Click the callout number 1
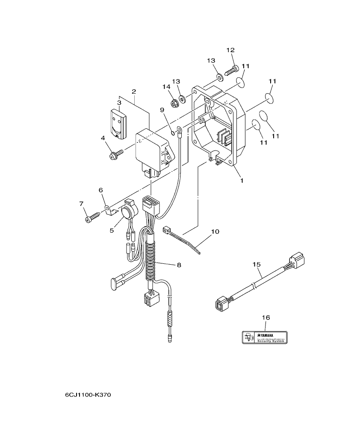tap(242, 180)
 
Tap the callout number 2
tap(134, 92)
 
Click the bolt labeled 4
tap(116, 153)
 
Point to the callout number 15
tap(256, 265)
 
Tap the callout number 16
tap(266, 318)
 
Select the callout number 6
tap(101, 190)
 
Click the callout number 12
tap(231, 50)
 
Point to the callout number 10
tap(215, 232)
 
